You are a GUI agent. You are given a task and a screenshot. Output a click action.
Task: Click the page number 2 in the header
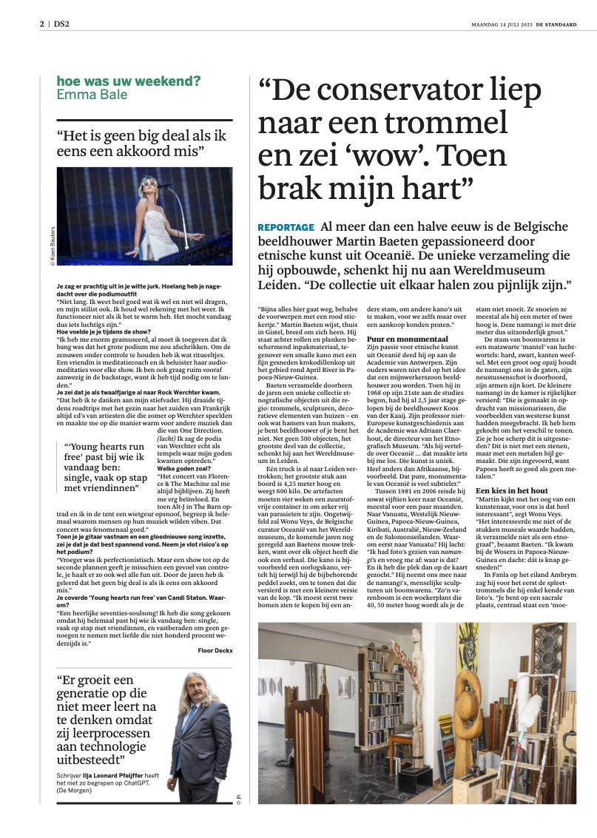pos(42,24)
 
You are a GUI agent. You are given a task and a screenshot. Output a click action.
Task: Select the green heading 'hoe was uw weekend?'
pos(128,81)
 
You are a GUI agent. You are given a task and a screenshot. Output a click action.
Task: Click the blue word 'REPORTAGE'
pos(286,227)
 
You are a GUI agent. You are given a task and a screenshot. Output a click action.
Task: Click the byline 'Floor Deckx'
pos(215,629)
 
